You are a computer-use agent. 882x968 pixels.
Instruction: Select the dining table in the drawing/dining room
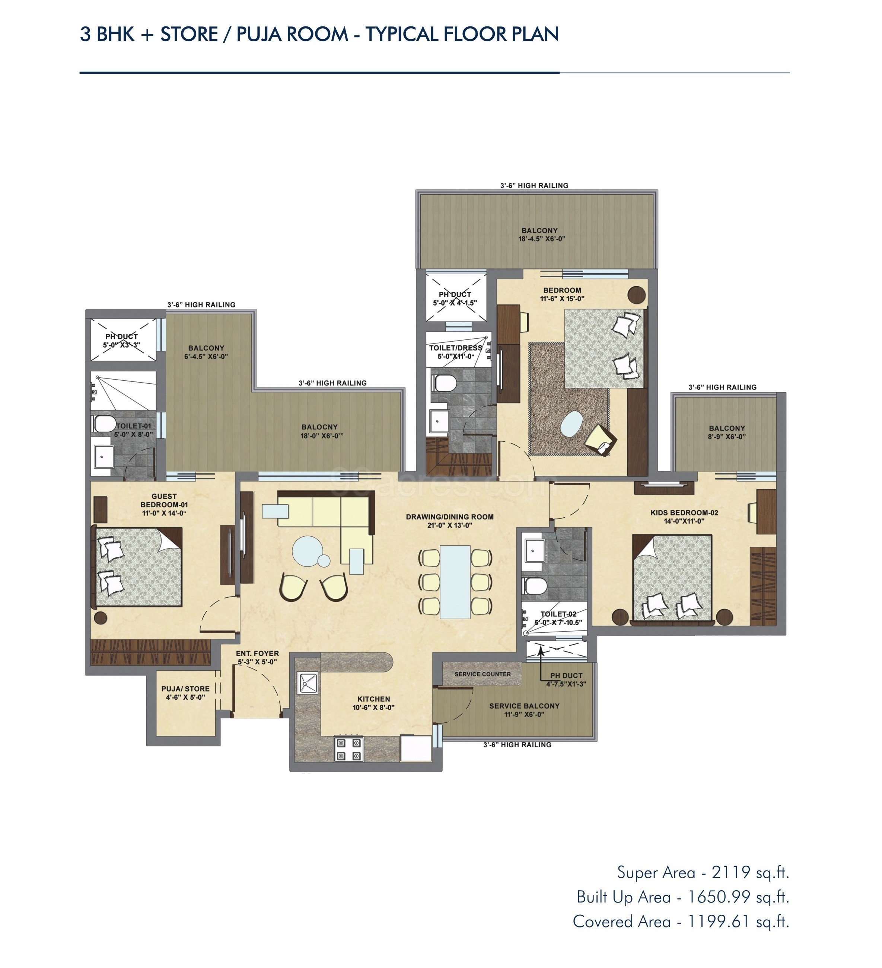pos(455,582)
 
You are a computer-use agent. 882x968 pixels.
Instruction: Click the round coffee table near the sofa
pos(308,552)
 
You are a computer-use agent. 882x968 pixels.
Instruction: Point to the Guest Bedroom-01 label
pos(164,504)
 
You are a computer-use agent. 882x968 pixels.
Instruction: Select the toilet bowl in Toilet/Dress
pos(445,383)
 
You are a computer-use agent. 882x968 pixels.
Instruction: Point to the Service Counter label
pos(482,674)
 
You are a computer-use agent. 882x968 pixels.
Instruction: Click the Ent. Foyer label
pos(257,657)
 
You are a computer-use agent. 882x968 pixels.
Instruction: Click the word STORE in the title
pos(189,34)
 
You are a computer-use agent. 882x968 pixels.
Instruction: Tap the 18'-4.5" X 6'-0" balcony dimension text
pos(541,239)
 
